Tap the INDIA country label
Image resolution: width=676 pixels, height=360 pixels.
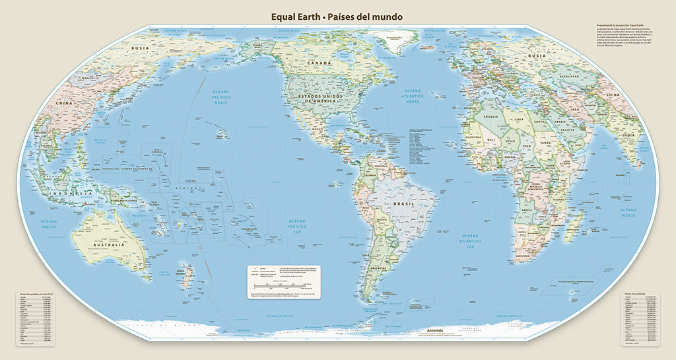pyautogui.click(x=630, y=135)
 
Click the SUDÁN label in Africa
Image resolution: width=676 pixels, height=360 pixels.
pyautogui.click(x=546, y=141)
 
